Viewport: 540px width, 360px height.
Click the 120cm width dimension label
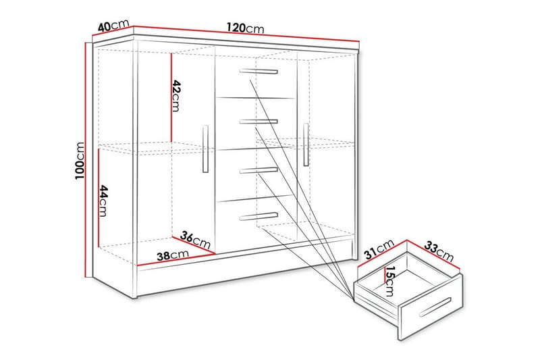pyautogui.click(x=245, y=28)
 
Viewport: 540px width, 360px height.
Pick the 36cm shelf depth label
pyautogui.click(x=195, y=240)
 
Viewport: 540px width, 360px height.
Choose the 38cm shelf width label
pyautogui.click(x=168, y=256)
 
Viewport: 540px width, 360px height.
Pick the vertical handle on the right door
pyautogui.click(x=306, y=144)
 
